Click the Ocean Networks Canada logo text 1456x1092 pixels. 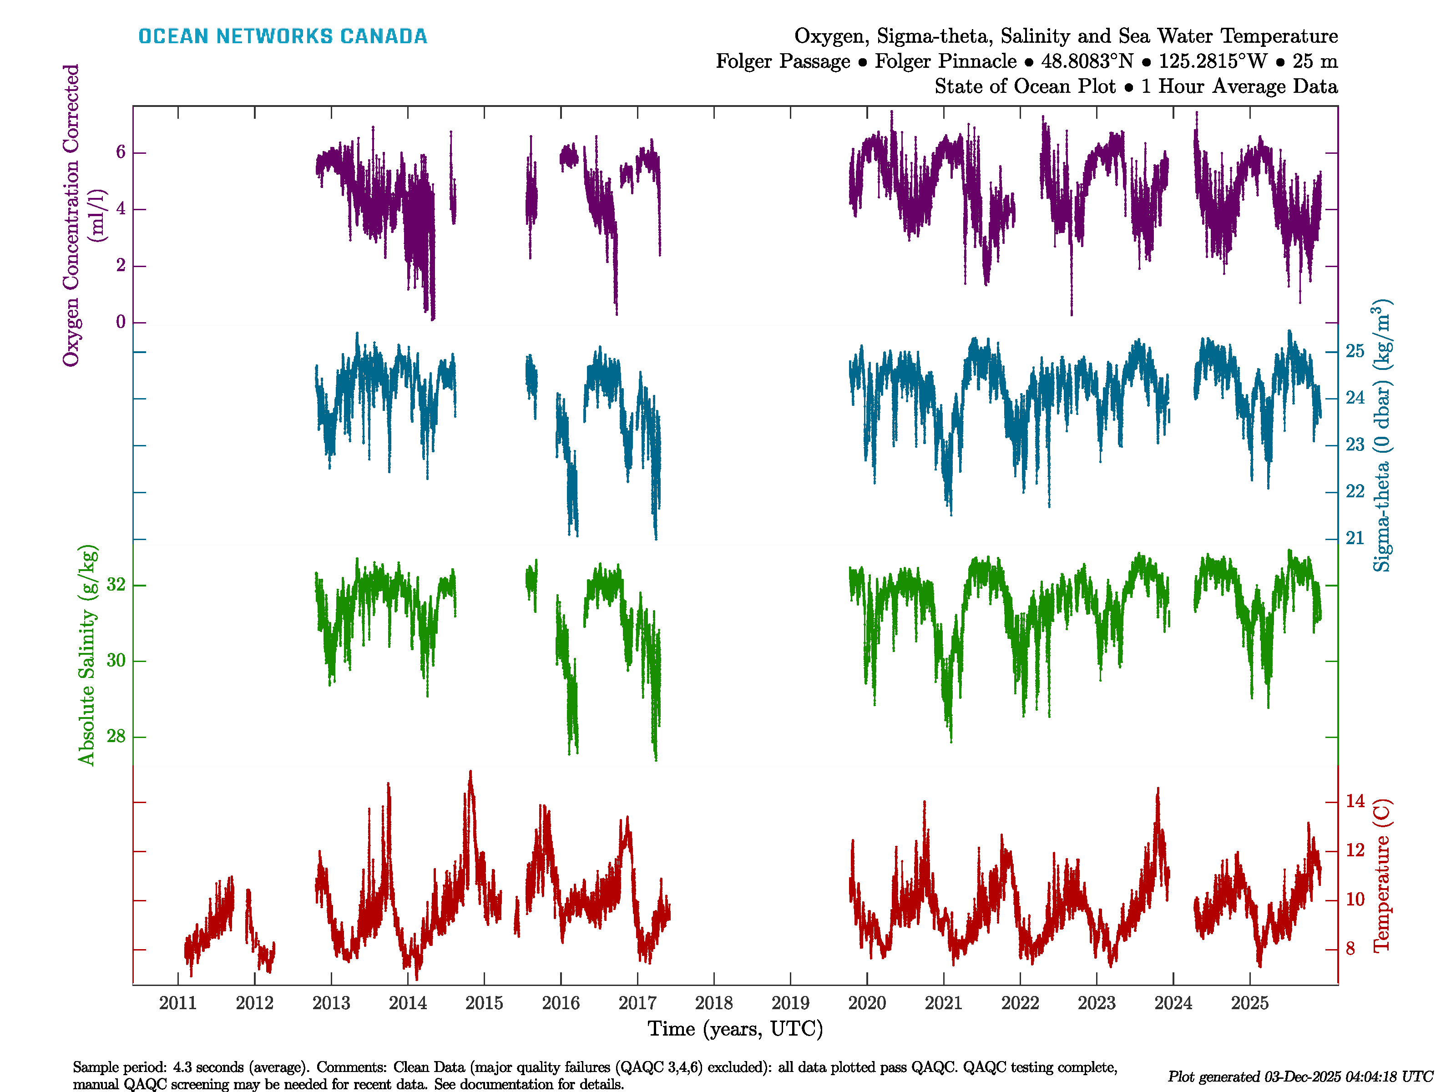283,36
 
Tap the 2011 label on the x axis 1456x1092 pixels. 178,1003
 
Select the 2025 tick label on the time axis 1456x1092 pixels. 1249,1003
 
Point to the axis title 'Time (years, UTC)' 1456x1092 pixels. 735,1029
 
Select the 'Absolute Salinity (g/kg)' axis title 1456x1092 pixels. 87,655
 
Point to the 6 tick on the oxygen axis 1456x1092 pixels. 121,153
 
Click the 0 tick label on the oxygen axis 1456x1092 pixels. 121,323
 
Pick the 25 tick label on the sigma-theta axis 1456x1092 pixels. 1355,352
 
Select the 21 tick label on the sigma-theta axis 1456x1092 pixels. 1355,538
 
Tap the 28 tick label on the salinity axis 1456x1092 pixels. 116,737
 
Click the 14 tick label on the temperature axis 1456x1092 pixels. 1355,801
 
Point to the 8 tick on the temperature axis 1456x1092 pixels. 1350,949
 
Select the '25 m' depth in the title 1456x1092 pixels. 1314,61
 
